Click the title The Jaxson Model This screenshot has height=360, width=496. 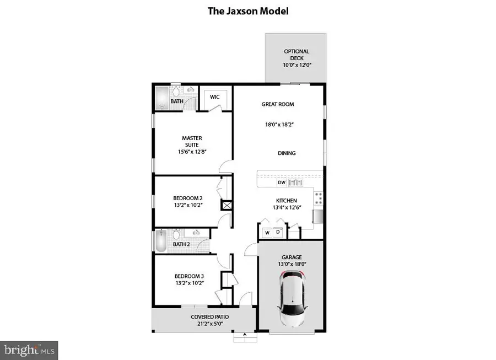click(248, 10)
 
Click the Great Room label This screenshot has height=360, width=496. click(278, 104)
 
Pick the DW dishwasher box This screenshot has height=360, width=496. click(281, 182)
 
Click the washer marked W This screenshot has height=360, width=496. click(267, 233)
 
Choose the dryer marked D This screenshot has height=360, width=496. click(278, 233)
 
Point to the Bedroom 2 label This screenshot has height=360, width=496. click(188, 198)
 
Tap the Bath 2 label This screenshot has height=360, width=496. click(181, 244)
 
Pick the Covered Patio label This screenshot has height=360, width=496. click(209, 317)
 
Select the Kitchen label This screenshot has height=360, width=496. click(287, 201)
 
